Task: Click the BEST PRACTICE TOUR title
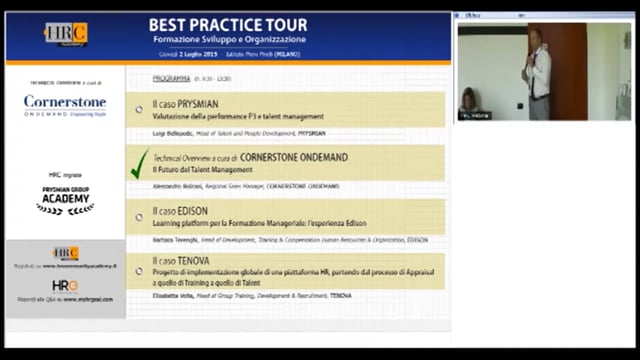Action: pos(226,23)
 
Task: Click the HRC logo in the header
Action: pos(65,34)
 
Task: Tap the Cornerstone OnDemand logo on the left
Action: pos(65,104)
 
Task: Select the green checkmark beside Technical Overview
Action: pos(139,163)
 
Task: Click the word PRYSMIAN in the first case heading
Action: pos(197,104)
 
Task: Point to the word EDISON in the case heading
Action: pos(194,212)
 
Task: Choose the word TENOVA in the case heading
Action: pos(194,260)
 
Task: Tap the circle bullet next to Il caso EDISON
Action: pos(139,215)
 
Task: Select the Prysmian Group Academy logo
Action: pos(65,196)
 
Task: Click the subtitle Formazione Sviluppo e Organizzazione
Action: pos(226,39)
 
